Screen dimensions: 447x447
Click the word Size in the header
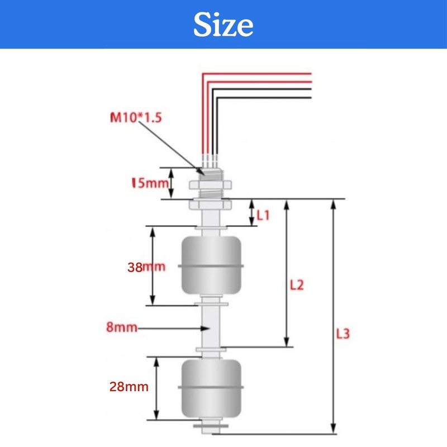(x=223, y=25)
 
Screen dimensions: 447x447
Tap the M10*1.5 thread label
(x=136, y=117)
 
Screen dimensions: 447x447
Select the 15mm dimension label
(x=150, y=183)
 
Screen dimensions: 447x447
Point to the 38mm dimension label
(x=146, y=267)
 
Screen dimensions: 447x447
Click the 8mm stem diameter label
(x=122, y=327)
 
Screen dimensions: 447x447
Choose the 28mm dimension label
(x=129, y=387)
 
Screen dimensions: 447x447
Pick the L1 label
(x=263, y=215)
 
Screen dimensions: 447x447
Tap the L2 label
(x=297, y=285)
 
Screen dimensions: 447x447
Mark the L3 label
(x=343, y=334)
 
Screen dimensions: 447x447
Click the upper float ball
(x=211, y=265)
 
